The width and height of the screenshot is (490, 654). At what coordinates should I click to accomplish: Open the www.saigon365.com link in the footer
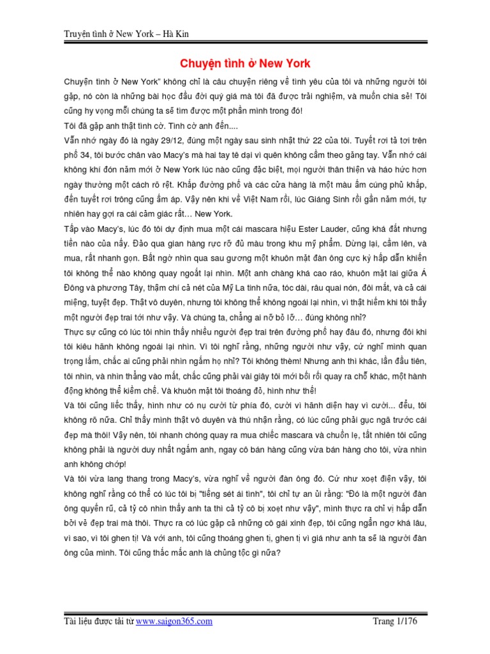[174, 621]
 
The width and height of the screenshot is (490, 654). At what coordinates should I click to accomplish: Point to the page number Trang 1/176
[399, 621]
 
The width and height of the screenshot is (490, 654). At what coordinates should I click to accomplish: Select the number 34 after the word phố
[91, 154]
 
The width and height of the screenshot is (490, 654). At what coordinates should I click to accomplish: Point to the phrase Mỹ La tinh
[241, 288]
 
